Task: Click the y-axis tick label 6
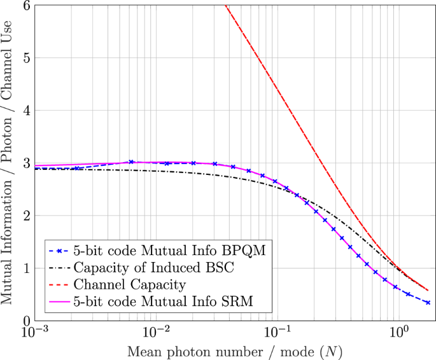click(x=20, y=6)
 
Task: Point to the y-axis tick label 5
click(x=20, y=58)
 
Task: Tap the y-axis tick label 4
click(x=20, y=111)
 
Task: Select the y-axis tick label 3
click(x=20, y=163)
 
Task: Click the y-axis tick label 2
click(x=20, y=216)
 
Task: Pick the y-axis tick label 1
click(x=20, y=268)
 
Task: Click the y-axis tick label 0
click(x=20, y=321)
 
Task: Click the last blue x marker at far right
click(x=428, y=303)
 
